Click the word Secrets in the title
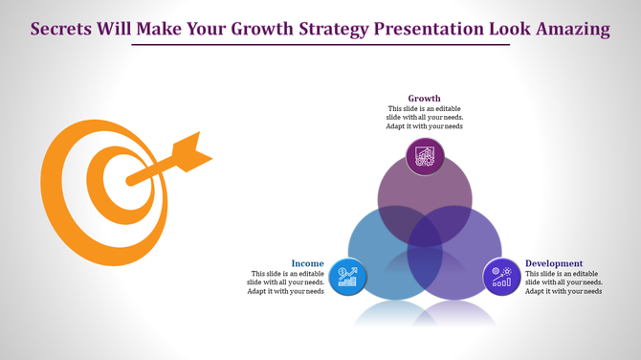(61, 29)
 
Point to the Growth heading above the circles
(424, 98)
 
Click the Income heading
(307, 263)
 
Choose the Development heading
(554, 263)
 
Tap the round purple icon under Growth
(425, 157)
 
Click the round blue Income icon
(345, 277)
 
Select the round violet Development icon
(501, 277)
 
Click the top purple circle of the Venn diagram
(425, 187)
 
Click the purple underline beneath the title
(320, 45)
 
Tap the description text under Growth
(424, 117)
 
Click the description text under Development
(564, 282)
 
